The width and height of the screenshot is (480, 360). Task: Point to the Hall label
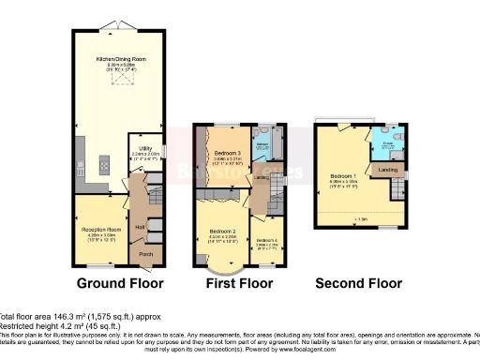click(138, 226)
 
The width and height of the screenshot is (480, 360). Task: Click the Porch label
click(145, 251)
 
